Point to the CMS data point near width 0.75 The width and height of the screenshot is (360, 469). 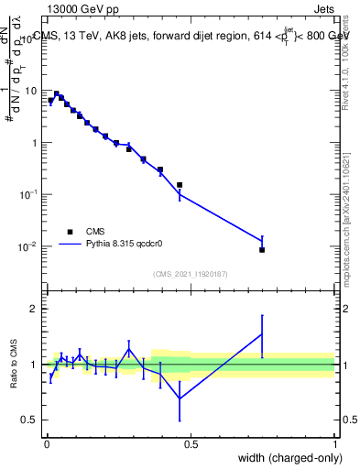(262, 249)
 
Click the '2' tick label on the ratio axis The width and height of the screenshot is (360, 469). (34, 309)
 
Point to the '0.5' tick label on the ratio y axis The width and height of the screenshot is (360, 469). (30, 420)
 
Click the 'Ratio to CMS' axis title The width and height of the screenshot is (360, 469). (14, 365)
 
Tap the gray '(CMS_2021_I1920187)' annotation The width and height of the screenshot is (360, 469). (190, 273)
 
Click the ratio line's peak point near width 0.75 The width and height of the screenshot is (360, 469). (262, 333)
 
